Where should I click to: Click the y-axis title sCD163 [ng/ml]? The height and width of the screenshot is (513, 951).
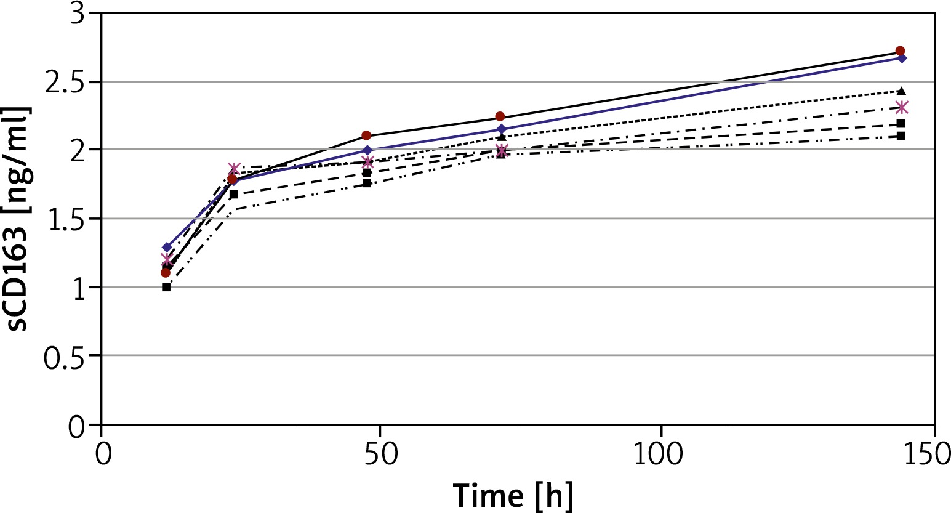point(18,219)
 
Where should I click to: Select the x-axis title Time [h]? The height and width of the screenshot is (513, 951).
point(513,495)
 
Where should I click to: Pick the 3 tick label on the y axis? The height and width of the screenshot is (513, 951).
point(77,14)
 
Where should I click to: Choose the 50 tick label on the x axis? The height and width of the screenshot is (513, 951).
point(380,454)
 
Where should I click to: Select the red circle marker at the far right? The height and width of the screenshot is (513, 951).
point(900,51)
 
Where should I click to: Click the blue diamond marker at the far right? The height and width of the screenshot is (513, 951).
point(902,59)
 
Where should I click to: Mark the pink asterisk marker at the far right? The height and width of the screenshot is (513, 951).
point(902,108)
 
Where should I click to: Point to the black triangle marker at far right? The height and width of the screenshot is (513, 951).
point(902,91)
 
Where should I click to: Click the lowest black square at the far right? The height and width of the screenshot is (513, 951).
point(901,135)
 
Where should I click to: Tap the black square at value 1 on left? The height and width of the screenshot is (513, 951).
point(166,287)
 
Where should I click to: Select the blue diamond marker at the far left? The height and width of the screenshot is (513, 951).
point(166,248)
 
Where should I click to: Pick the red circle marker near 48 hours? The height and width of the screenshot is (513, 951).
point(366,135)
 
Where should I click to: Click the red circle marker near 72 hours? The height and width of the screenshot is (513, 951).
point(500,117)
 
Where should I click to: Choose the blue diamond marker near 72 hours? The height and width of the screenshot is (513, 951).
point(502,129)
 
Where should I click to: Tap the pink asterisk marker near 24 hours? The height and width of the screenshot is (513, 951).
point(234,169)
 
